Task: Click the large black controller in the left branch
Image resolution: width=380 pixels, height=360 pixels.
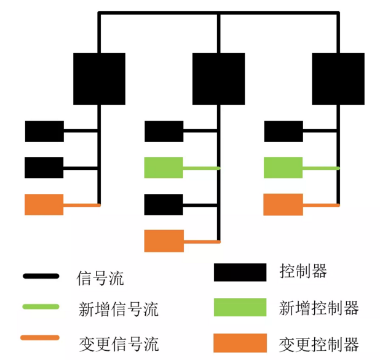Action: coord(99,78)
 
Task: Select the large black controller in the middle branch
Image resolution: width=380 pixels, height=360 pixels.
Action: coord(218,78)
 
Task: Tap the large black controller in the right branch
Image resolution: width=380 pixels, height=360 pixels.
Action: coord(338,78)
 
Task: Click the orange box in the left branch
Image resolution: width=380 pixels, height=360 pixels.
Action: coord(44,204)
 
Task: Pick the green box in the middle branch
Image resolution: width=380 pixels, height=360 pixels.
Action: coord(164,167)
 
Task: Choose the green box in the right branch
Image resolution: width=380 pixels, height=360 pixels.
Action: coord(283,167)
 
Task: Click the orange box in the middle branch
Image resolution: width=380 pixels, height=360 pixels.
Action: coord(164,241)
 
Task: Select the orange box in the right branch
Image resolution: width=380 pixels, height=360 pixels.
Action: coord(283,204)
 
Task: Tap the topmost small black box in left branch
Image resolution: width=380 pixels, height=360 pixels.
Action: coord(44,131)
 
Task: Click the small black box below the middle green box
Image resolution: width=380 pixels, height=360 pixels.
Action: coord(164,204)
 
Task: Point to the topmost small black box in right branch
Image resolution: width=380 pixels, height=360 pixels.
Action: coord(283,131)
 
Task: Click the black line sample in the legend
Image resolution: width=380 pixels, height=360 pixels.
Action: coord(41,276)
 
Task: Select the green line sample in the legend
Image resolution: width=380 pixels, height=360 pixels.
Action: coord(41,306)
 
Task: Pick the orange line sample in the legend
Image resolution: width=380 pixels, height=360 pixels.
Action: coord(41,338)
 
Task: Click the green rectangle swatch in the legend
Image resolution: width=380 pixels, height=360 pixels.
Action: coord(240,307)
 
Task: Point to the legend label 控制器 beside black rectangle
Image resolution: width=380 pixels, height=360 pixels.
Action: coord(303,271)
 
